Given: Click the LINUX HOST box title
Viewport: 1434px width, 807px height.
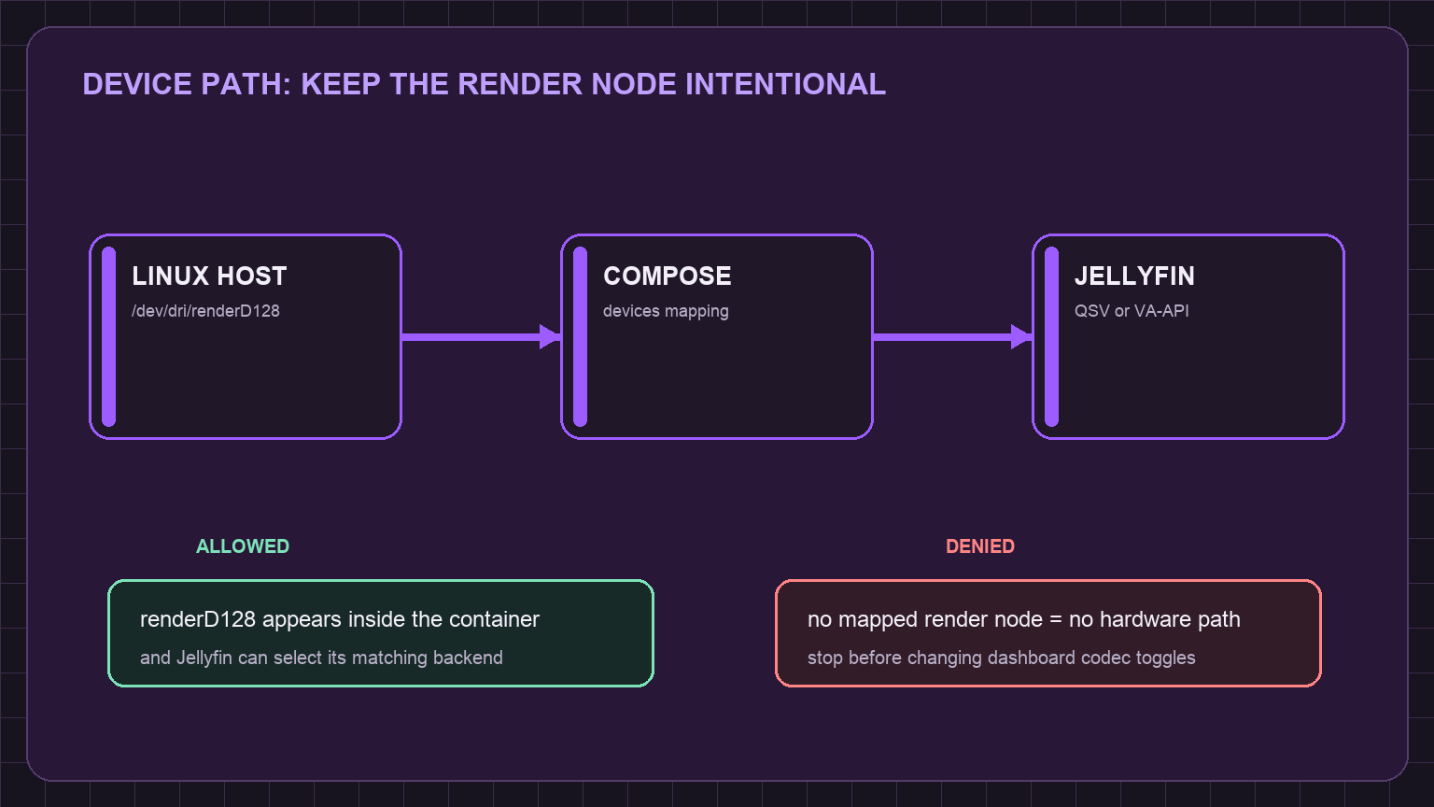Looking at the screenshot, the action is tap(209, 276).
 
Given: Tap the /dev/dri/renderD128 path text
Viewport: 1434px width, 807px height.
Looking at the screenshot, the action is tap(205, 311).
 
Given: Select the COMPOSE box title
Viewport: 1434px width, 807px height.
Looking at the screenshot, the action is tap(668, 276).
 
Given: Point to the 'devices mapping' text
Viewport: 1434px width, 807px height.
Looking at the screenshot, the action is tap(666, 311).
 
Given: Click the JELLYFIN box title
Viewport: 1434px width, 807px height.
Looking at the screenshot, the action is tap(1134, 276).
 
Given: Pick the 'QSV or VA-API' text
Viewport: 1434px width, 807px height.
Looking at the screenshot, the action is tap(1132, 311).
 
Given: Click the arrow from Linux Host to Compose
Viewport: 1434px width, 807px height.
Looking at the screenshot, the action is tap(482, 337).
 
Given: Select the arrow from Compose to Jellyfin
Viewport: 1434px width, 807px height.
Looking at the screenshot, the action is tap(952, 337).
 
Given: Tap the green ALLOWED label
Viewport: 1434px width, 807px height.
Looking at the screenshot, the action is tap(243, 546).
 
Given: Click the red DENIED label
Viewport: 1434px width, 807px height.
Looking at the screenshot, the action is tap(980, 546).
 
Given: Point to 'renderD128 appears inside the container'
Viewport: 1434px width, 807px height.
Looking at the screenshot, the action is tap(340, 619).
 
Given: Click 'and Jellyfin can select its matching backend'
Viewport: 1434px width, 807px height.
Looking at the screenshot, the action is tap(321, 658).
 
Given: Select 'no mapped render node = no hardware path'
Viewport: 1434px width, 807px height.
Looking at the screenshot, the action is tap(1023, 619).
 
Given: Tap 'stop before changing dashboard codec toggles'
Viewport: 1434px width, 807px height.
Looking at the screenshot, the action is tap(1001, 658).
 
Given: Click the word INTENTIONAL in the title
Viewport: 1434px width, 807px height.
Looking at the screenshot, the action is tap(785, 85).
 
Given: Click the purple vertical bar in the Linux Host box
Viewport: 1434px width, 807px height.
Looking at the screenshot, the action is tap(109, 337).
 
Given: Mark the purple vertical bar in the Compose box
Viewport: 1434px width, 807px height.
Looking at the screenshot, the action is tap(580, 337).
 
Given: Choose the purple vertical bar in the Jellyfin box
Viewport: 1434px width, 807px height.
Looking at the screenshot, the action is tap(1051, 337).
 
